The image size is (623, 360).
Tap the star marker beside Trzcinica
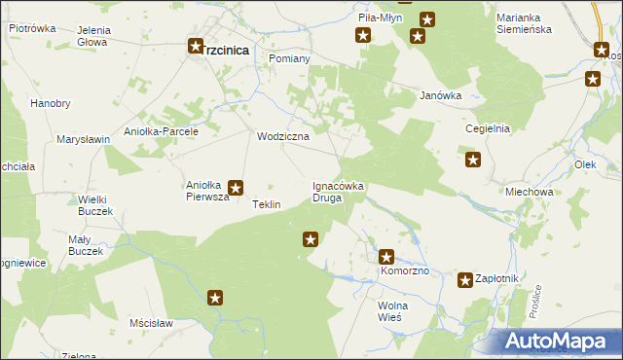[x=196, y=45]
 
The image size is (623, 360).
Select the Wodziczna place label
[x=282, y=136]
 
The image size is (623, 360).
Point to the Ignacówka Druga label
[x=338, y=191]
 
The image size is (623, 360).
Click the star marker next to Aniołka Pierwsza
[x=236, y=188]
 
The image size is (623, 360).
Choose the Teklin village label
[x=266, y=205]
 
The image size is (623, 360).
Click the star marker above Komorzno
[x=386, y=257]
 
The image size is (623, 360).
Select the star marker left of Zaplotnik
[x=465, y=280]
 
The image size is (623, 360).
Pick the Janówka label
[x=439, y=95]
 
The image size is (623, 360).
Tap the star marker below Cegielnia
[x=473, y=161]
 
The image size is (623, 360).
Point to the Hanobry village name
[x=51, y=103]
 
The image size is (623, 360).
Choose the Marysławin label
[x=83, y=139]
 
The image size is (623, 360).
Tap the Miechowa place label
[x=530, y=192]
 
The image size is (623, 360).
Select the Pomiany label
[x=287, y=58]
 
